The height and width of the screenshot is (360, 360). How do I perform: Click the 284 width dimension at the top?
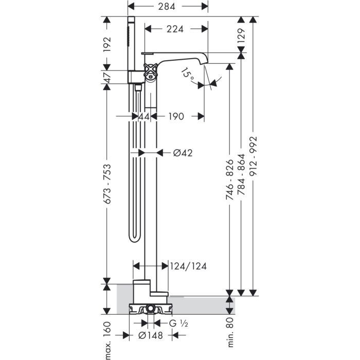167,6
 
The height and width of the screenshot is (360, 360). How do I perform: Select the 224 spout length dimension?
175,29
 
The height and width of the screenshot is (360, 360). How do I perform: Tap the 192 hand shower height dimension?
107,44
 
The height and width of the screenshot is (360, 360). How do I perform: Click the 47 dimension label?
107,77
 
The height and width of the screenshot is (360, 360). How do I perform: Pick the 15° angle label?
187,74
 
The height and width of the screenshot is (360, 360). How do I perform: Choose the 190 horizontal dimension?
176,116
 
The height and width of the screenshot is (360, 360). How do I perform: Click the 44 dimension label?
144,116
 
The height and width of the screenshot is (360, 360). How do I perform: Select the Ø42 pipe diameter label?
183,153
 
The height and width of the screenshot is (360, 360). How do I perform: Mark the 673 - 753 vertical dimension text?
107,184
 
